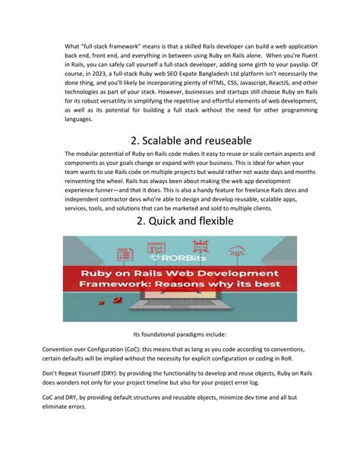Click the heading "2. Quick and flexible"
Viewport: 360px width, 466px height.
(x=179, y=221)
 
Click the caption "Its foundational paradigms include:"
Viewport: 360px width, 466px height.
(x=179, y=333)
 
